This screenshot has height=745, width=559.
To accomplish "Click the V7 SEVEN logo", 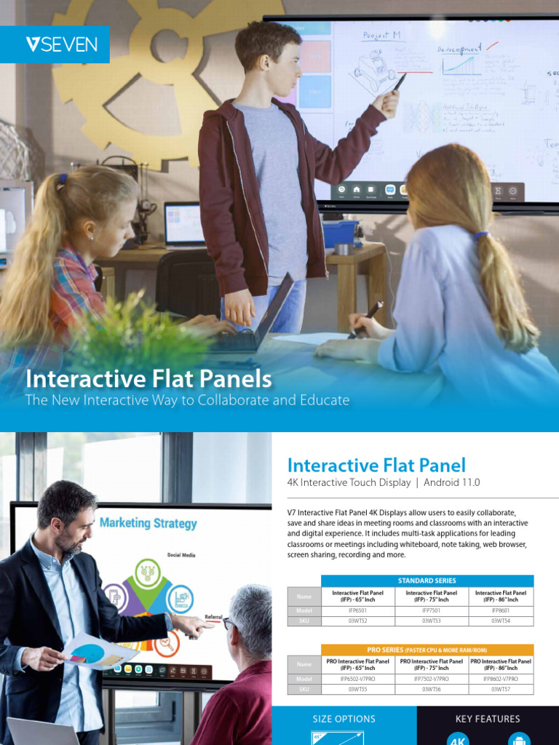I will pyautogui.click(x=61, y=44).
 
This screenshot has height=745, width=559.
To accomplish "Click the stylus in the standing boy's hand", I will pyautogui.click(x=399, y=82).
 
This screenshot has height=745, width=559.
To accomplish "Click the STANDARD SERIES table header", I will pyautogui.click(x=427, y=581).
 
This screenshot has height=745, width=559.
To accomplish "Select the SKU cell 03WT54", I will pyautogui.click(x=501, y=621).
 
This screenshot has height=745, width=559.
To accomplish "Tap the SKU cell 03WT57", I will pyautogui.click(x=501, y=689).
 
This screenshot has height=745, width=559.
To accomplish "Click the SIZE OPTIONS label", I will pyautogui.click(x=344, y=719).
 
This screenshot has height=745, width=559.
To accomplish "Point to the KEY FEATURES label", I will pyautogui.click(x=488, y=719).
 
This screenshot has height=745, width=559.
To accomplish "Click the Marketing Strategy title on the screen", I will pyautogui.click(x=148, y=522).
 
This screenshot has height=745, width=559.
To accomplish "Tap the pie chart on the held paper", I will pyautogui.click(x=88, y=653).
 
